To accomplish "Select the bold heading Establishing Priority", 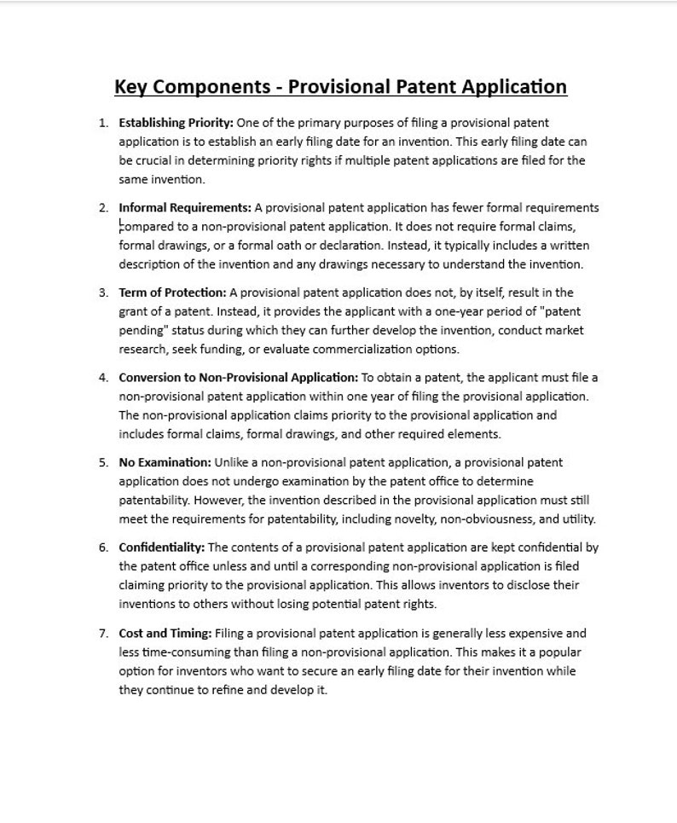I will [176, 123].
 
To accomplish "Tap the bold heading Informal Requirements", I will [185, 207].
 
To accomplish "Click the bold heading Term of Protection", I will [172, 293].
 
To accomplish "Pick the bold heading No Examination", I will [165, 462].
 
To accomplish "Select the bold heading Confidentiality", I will [161, 548].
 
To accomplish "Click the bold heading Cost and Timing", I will [165, 633].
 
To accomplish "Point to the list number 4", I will [103, 377].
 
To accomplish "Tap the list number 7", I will [103, 633].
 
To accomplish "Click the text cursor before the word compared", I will [120, 226].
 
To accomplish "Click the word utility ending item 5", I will [579, 519].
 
